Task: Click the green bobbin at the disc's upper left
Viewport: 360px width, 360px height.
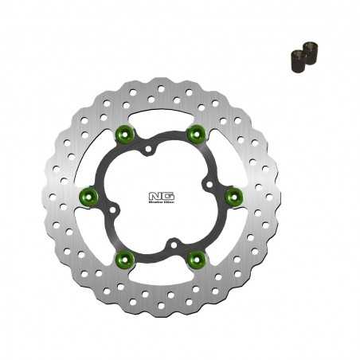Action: [123, 132]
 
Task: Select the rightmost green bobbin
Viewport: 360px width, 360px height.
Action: [233, 194]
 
